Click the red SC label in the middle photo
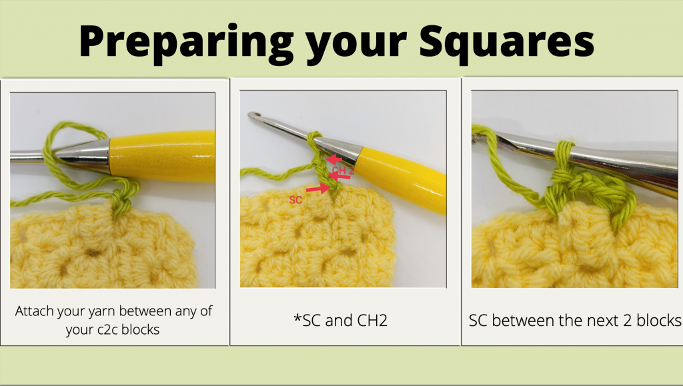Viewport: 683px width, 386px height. [x=295, y=200]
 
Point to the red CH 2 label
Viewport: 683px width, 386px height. [x=344, y=171]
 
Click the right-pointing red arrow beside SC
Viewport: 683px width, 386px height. [x=317, y=189]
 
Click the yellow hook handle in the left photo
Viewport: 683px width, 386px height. [x=162, y=156]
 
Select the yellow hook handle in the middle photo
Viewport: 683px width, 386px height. [x=401, y=179]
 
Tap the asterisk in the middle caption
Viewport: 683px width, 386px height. [x=297, y=319]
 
